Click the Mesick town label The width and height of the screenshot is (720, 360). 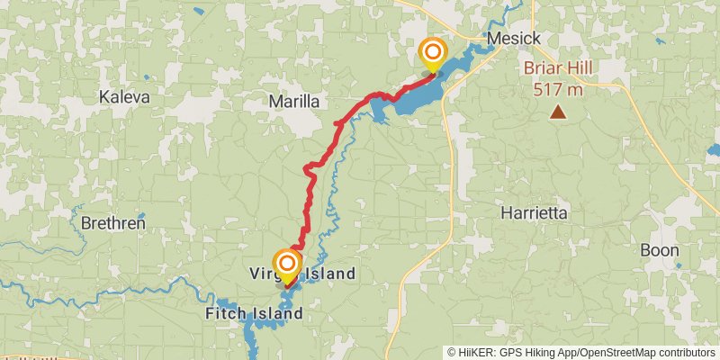[x=514, y=39]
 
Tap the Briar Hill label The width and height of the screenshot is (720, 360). [x=559, y=70]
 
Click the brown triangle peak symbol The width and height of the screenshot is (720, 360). [x=559, y=112]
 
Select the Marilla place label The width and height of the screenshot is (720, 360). [x=294, y=103]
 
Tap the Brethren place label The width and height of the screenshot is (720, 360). [x=112, y=222]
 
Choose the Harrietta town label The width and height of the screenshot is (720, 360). [x=534, y=213]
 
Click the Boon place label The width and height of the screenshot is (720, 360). [x=660, y=249]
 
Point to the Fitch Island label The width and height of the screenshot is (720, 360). [x=254, y=314]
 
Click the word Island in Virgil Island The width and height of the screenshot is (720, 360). [x=329, y=273]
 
